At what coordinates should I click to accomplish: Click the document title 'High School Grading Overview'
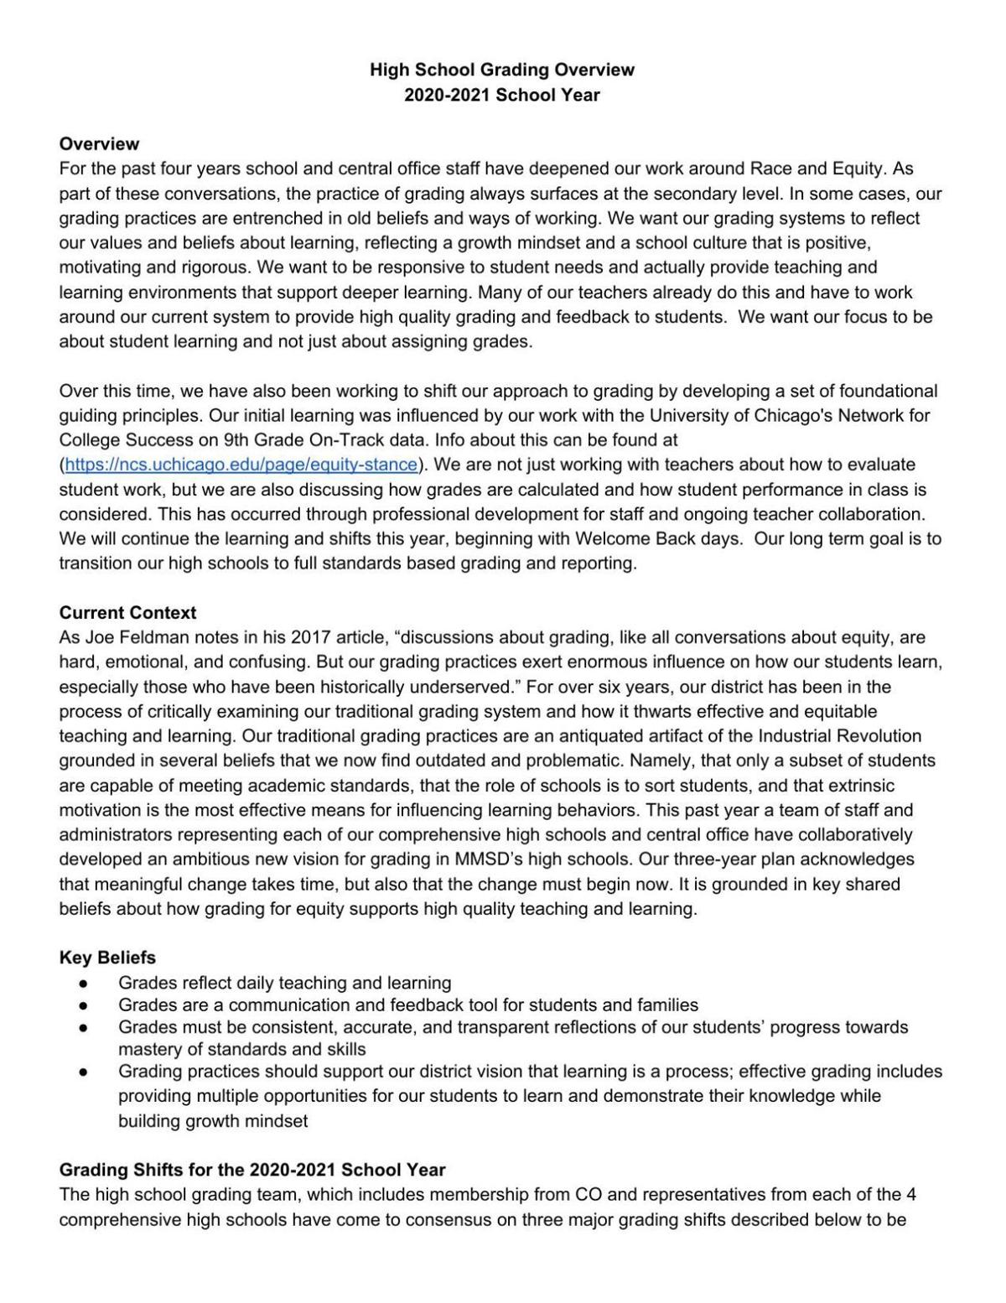pos(502,70)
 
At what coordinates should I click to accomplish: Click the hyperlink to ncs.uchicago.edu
pos(241,465)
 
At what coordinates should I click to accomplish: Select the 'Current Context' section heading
pos(127,613)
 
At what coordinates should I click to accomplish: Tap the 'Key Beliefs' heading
pos(107,958)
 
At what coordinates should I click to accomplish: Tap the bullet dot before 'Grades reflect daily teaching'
pos(83,983)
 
